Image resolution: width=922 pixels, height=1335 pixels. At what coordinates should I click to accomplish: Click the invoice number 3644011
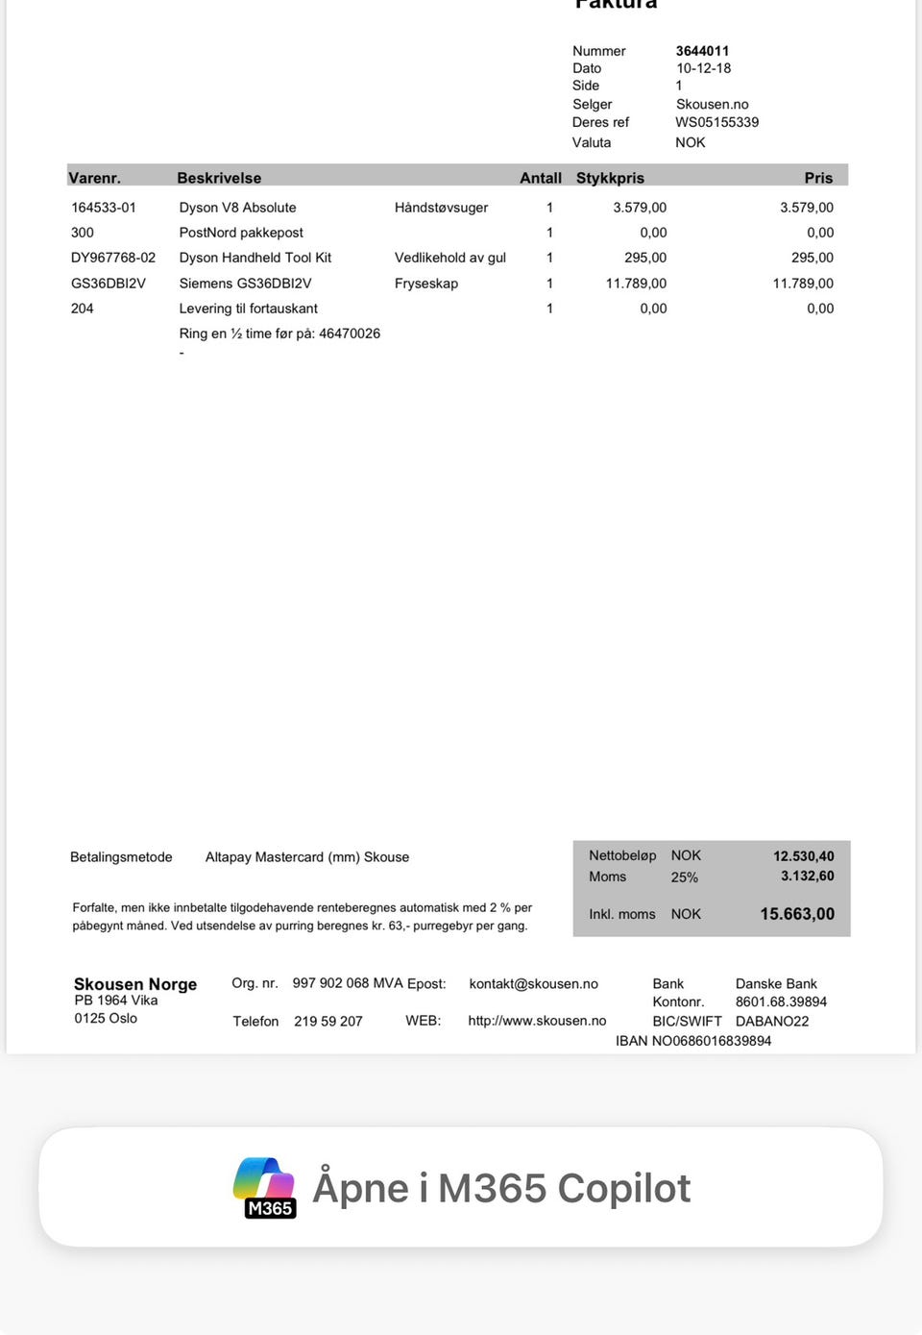tap(702, 51)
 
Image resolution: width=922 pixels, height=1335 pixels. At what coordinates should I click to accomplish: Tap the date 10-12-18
tap(703, 68)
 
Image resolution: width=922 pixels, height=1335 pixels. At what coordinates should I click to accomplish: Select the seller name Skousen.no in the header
tap(712, 104)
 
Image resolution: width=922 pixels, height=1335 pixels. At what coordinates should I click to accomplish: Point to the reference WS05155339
tap(716, 122)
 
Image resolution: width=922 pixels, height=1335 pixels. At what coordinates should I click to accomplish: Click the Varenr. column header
tap(94, 178)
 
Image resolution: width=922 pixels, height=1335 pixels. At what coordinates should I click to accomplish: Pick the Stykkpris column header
tap(610, 178)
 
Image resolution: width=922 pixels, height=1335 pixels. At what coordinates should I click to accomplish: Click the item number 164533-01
tap(104, 208)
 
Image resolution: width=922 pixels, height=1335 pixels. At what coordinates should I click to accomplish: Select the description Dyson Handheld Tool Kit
tap(255, 258)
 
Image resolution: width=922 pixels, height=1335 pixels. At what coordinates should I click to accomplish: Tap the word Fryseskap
tap(426, 284)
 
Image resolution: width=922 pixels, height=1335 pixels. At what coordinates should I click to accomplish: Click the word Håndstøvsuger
tap(441, 208)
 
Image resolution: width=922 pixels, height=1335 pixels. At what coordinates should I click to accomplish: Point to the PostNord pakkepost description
tap(241, 233)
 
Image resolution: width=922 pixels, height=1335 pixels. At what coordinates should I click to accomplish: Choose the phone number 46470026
tap(350, 334)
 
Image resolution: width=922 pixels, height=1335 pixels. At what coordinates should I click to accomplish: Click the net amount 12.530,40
tap(803, 856)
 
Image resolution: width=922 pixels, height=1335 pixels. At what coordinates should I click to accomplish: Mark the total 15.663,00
tap(797, 914)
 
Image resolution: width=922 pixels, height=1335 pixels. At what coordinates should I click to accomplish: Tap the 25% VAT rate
tap(684, 878)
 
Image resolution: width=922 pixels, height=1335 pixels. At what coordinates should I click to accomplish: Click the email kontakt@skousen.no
tap(533, 984)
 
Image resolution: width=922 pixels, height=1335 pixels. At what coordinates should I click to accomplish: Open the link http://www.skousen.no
tap(537, 1021)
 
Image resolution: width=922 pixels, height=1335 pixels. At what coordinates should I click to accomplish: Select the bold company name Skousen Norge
tap(135, 984)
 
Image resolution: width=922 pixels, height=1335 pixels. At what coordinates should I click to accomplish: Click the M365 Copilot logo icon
tap(265, 1188)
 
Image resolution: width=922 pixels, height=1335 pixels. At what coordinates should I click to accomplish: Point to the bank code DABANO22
tap(772, 1021)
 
